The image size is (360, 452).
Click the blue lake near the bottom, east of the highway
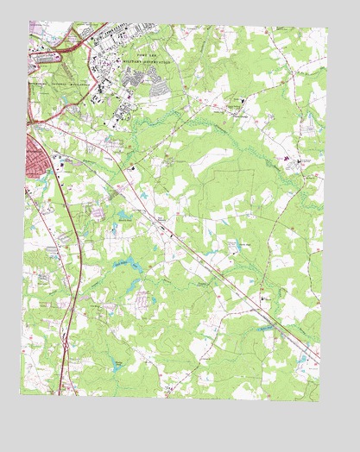(x=116, y=367)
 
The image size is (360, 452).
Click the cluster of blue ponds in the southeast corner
(x=302, y=358)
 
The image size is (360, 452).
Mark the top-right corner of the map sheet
(x=328, y=28)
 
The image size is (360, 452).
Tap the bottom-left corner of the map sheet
(x=21, y=395)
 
